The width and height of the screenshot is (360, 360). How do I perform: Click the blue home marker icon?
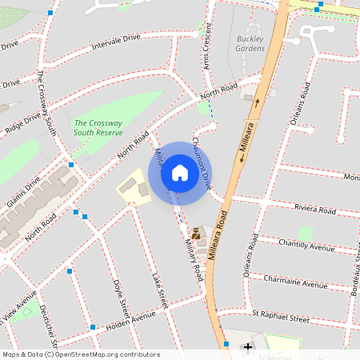pos(179,173)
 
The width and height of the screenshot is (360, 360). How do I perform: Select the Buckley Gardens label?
pos(250,43)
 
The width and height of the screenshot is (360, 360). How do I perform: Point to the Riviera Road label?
pos(315,210)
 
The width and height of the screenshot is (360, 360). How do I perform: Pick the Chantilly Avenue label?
pos(306,244)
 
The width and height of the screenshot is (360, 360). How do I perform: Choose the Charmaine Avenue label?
pos(296,283)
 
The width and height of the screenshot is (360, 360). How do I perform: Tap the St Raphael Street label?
pos(280,318)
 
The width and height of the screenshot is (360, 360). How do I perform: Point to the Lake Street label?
pos(160,290)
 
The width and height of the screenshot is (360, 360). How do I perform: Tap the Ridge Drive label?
pos(22,123)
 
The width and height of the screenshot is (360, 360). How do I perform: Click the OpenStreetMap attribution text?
pos(81,354)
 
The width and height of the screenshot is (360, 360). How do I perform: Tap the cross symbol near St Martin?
pos(248,346)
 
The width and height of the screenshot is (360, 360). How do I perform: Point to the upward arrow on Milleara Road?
pos(258,102)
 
